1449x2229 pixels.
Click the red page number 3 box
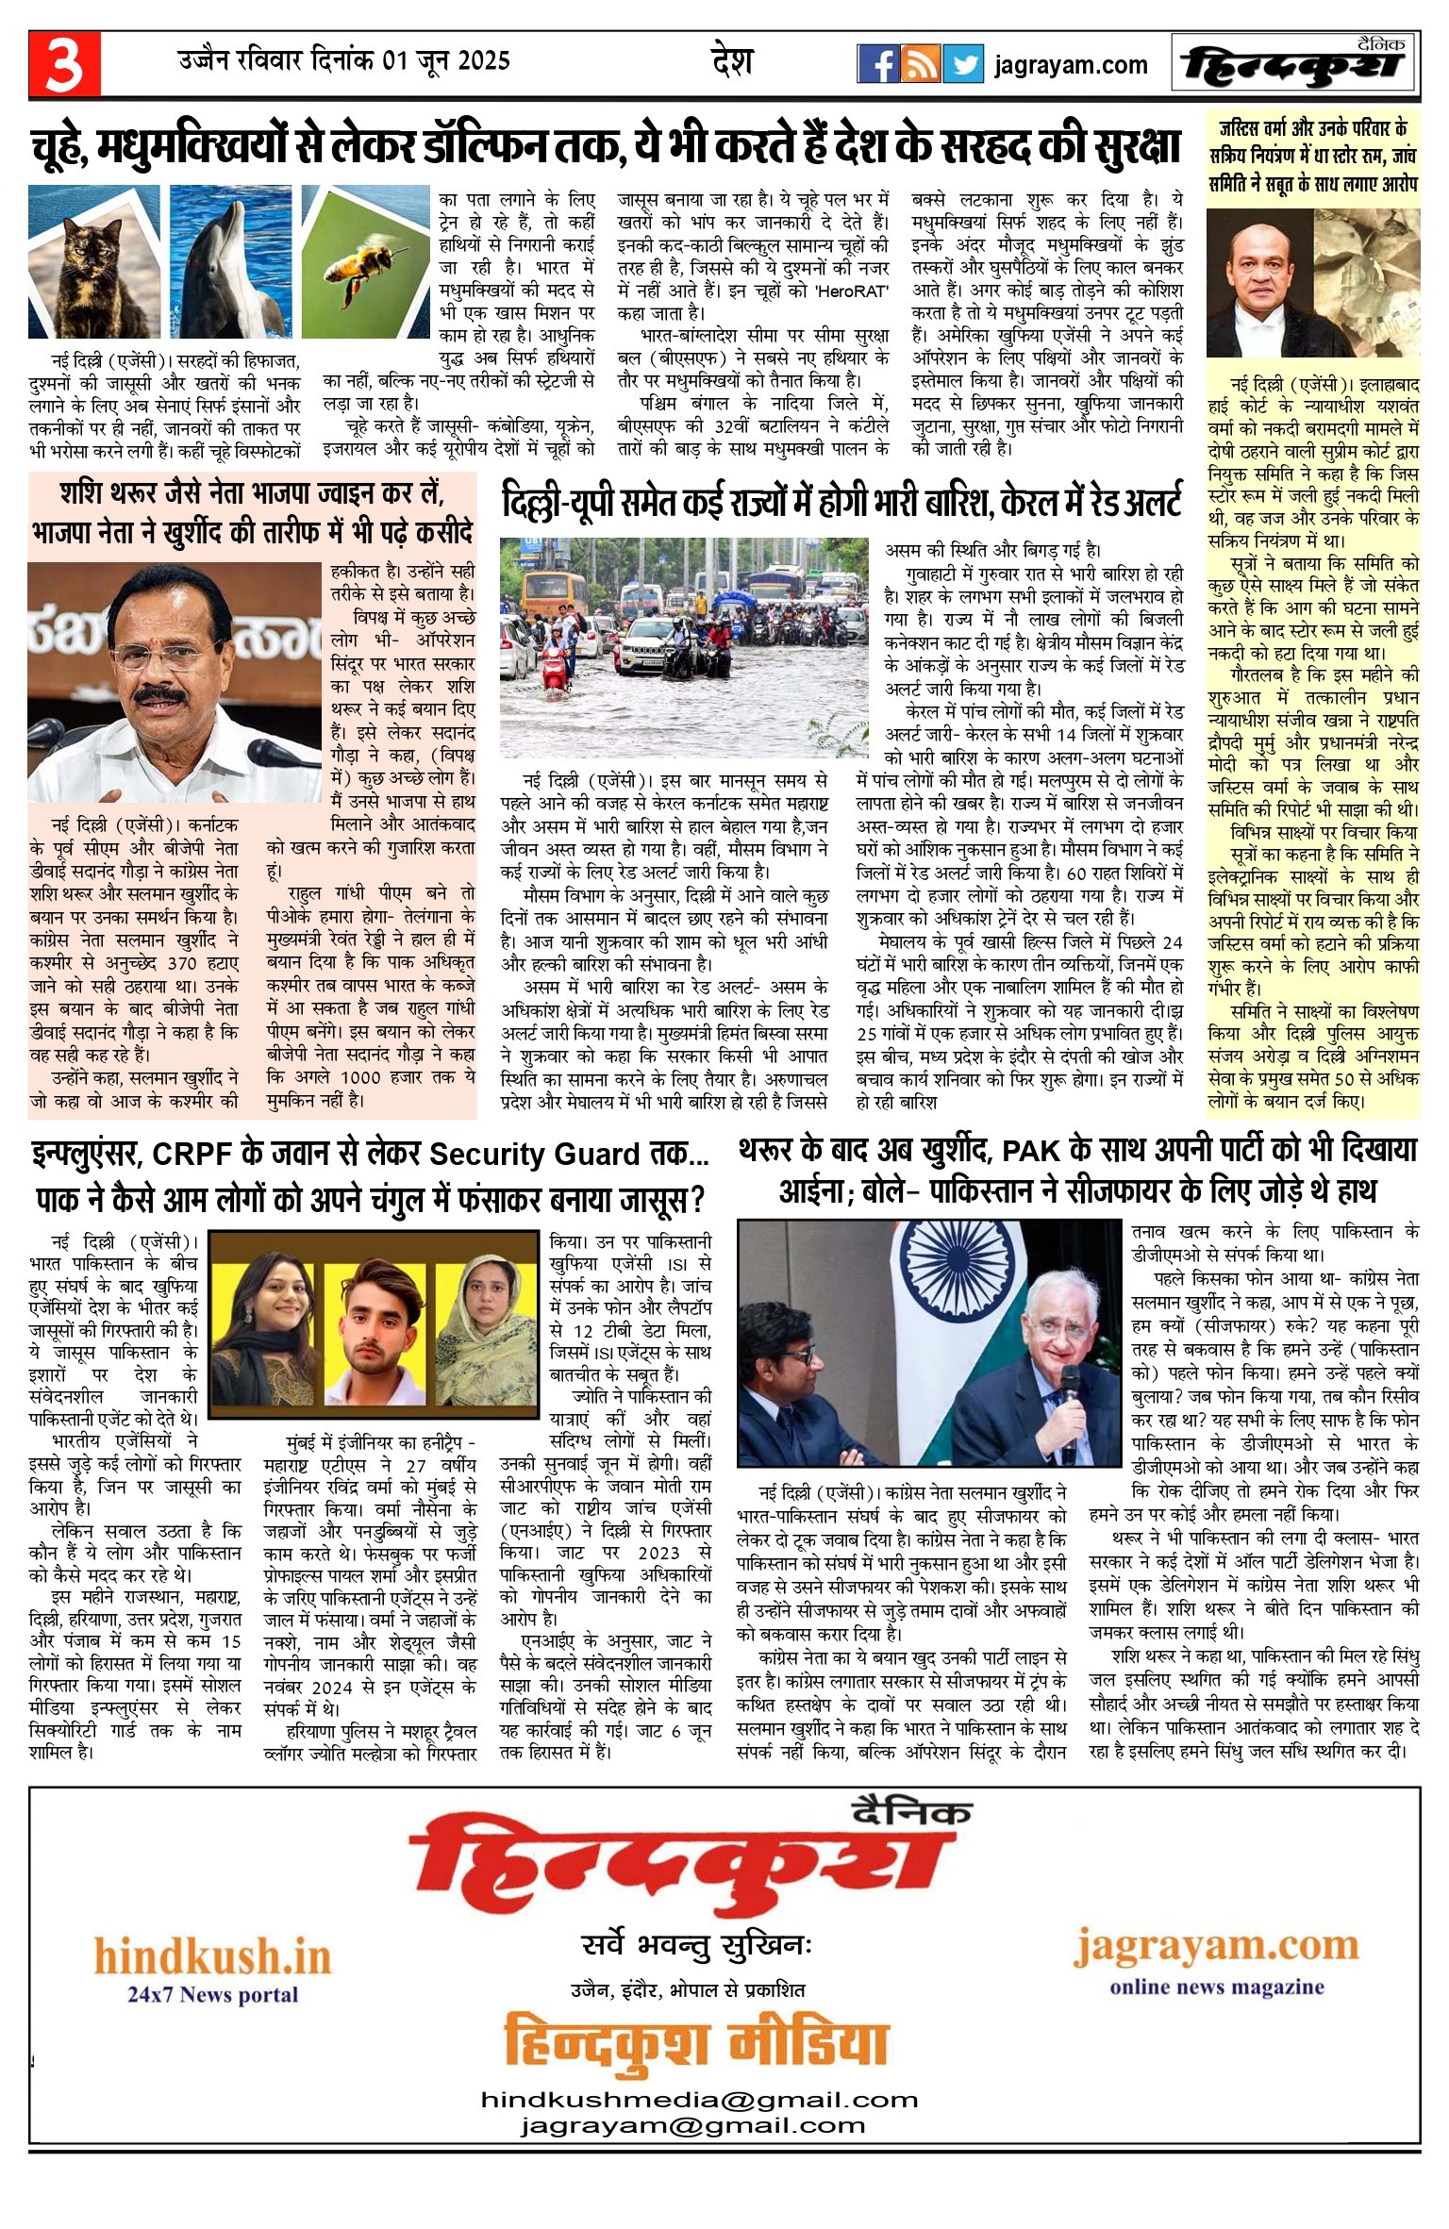click(64, 64)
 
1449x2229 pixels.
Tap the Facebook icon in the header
click(877, 64)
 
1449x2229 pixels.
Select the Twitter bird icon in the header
click(963, 64)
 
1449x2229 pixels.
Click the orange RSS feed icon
click(920, 64)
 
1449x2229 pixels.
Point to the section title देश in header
click(732, 61)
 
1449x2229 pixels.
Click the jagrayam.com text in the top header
click(1071, 65)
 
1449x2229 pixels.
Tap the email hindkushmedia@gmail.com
click(699, 2100)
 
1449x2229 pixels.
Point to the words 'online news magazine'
click(1216, 1987)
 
